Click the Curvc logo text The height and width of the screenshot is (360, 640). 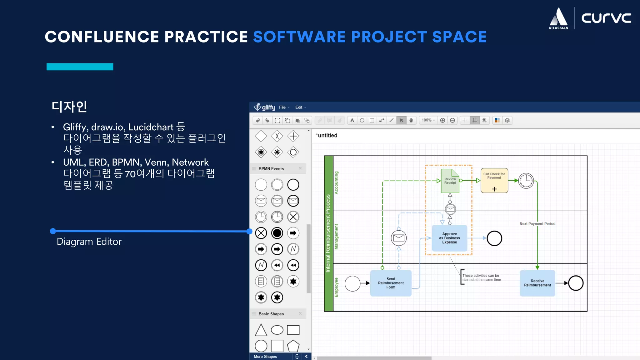click(x=606, y=18)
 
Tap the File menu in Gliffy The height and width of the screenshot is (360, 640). click(x=282, y=107)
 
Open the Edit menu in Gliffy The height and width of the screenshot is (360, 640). click(x=299, y=107)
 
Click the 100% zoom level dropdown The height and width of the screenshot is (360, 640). click(x=428, y=120)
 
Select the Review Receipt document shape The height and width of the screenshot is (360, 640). click(x=450, y=181)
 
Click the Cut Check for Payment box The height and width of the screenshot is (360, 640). click(x=494, y=180)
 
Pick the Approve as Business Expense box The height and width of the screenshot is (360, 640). click(x=449, y=238)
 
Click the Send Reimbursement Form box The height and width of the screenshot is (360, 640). click(x=391, y=283)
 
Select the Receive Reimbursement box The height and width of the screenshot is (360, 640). click(x=537, y=283)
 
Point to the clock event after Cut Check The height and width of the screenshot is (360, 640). click(x=526, y=181)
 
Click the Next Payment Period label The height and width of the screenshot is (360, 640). click(x=537, y=224)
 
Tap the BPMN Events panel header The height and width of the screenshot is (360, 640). click(x=271, y=169)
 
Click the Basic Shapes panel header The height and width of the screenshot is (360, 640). click(x=271, y=314)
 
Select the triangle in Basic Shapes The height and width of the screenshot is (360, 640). click(x=261, y=330)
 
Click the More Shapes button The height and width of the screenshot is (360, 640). click(x=265, y=357)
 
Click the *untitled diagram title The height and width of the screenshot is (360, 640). click(x=327, y=135)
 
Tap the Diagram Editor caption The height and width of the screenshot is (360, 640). click(x=89, y=242)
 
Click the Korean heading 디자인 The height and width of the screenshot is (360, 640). click(x=69, y=107)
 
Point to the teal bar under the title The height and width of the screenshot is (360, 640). click(x=80, y=67)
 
